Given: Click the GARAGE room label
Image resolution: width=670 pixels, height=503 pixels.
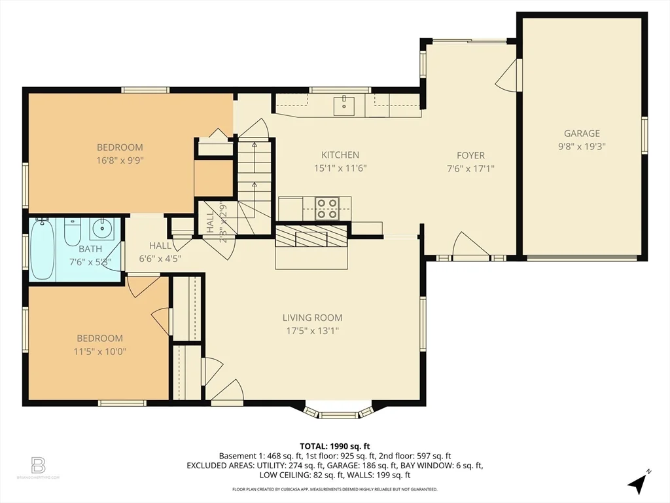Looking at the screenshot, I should click(582, 134).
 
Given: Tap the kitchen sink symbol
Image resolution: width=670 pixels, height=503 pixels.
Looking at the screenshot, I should click(344, 104).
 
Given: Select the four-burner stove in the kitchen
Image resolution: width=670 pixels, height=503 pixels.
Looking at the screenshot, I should click(327, 208).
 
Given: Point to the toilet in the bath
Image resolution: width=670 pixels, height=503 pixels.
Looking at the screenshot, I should click(72, 231).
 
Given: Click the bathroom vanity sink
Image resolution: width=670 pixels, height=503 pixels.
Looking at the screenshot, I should click(101, 229).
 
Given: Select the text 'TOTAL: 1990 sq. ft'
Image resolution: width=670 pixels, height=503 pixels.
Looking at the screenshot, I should click(334, 446).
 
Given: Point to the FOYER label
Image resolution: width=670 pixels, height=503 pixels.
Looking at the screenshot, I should click(470, 155).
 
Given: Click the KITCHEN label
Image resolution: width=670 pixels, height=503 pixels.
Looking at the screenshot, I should click(340, 155).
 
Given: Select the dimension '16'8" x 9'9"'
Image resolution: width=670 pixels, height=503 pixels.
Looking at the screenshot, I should click(120, 160).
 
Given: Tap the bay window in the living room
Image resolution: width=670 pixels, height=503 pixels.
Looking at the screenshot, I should click(338, 412).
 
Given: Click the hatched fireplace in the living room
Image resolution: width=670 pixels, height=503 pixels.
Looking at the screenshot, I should click(311, 236).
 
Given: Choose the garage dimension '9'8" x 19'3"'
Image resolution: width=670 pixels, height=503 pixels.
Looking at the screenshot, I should click(582, 147).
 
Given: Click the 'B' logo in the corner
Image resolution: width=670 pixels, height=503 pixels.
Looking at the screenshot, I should click(39, 466).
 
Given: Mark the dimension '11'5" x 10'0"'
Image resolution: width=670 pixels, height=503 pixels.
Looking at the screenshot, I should click(99, 351).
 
